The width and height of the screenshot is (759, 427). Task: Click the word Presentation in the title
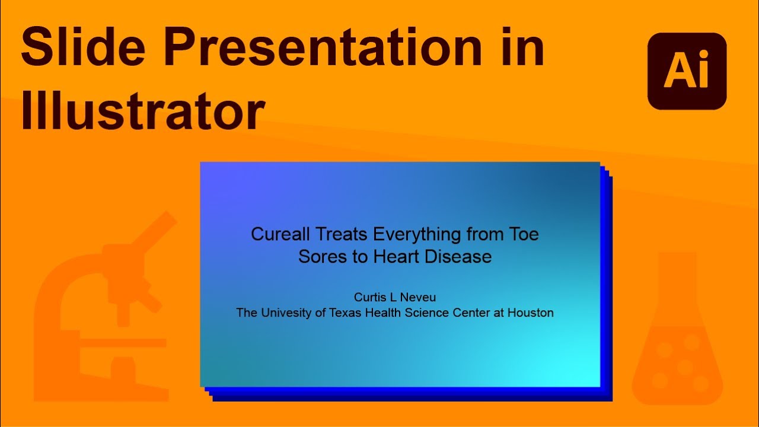(320, 47)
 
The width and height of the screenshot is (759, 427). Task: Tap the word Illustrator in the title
(142, 111)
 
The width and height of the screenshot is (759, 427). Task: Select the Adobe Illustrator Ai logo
(687, 71)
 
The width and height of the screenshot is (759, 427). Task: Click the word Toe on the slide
(523, 234)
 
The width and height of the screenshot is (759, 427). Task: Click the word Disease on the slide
(465, 257)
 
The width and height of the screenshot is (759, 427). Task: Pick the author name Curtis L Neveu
(394, 297)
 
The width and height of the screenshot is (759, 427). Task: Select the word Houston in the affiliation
(531, 313)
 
